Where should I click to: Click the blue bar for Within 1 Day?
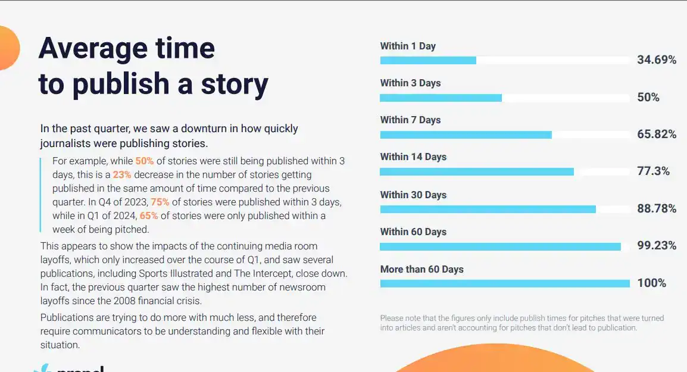coord(428,61)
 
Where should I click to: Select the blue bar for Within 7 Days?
coord(466,135)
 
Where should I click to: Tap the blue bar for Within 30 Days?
coord(488,210)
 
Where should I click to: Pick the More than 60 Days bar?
coord(505,283)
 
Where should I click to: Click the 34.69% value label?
coord(657,60)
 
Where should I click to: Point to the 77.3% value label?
coord(653,171)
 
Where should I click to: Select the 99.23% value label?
coord(657,245)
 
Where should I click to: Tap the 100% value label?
coord(651,283)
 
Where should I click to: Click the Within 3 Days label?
coord(411,83)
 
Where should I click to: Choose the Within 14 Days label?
coord(413,157)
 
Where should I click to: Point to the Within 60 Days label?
coord(413,232)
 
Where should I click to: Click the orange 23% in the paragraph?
coord(122,175)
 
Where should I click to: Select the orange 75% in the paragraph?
coord(160,202)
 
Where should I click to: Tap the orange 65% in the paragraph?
coord(148,216)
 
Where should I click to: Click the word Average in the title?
coord(93,48)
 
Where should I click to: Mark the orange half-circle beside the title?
coord(9,48)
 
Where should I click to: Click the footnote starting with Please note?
coord(522,323)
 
